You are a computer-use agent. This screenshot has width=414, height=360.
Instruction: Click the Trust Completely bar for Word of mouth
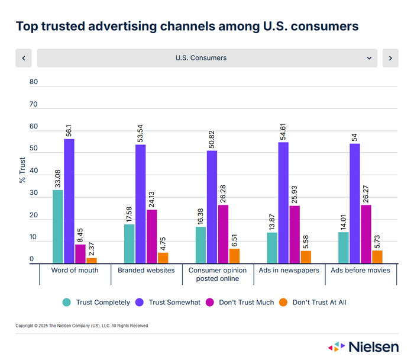tap(57, 226)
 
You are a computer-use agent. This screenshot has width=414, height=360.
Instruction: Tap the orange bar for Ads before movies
tap(377, 257)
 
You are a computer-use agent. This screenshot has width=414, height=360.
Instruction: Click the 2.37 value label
tap(92, 249)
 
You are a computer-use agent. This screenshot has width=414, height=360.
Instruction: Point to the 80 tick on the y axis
tap(33, 82)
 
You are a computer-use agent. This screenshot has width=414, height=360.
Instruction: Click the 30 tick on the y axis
tap(33, 194)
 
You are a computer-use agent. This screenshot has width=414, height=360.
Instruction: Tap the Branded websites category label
tap(146, 270)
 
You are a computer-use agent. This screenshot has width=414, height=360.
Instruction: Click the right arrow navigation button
tap(390, 58)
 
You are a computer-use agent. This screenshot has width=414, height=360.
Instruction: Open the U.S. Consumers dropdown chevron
tap(369, 58)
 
